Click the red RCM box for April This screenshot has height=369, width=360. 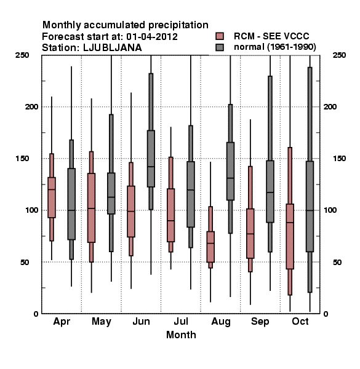(52, 197)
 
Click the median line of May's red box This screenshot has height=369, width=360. (91, 208)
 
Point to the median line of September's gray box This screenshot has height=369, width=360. (270, 192)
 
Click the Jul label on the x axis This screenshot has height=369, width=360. (181, 321)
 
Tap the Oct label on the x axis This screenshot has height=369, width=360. (300, 321)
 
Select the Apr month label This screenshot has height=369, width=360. (62, 322)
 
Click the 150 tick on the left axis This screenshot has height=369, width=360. (22, 159)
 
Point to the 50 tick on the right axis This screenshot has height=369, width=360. (337, 262)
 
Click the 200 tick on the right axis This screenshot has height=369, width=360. (330, 106)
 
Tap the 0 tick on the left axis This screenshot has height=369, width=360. (36, 314)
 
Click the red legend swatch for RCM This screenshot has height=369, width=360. (220, 36)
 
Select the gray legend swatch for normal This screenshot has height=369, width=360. (220, 47)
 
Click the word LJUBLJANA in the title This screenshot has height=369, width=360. (113, 48)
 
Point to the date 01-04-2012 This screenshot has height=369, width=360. (152, 37)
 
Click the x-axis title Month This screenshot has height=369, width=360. (181, 335)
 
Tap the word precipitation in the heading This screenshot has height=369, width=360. (176, 25)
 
